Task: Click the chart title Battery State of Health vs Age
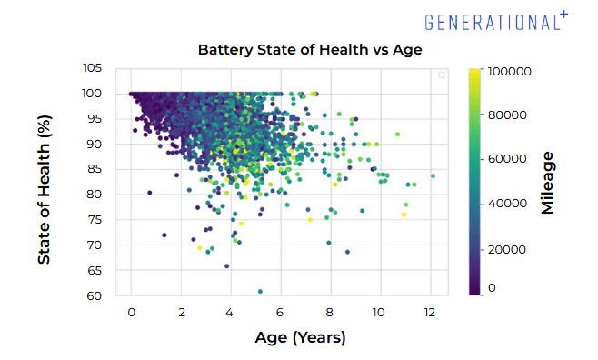(310, 49)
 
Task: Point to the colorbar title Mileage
(547, 183)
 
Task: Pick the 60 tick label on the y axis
(95, 295)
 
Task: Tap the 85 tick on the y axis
(95, 169)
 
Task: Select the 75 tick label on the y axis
(95, 220)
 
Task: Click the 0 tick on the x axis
(132, 312)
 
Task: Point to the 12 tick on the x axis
(430, 312)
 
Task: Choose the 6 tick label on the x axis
(281, 312)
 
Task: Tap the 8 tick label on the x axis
(331, 312)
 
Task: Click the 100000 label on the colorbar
(510, 71)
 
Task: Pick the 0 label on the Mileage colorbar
(493, 287)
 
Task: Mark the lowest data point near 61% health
(261, 292)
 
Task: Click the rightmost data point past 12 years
(434, 176)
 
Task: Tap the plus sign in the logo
(563, 13)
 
